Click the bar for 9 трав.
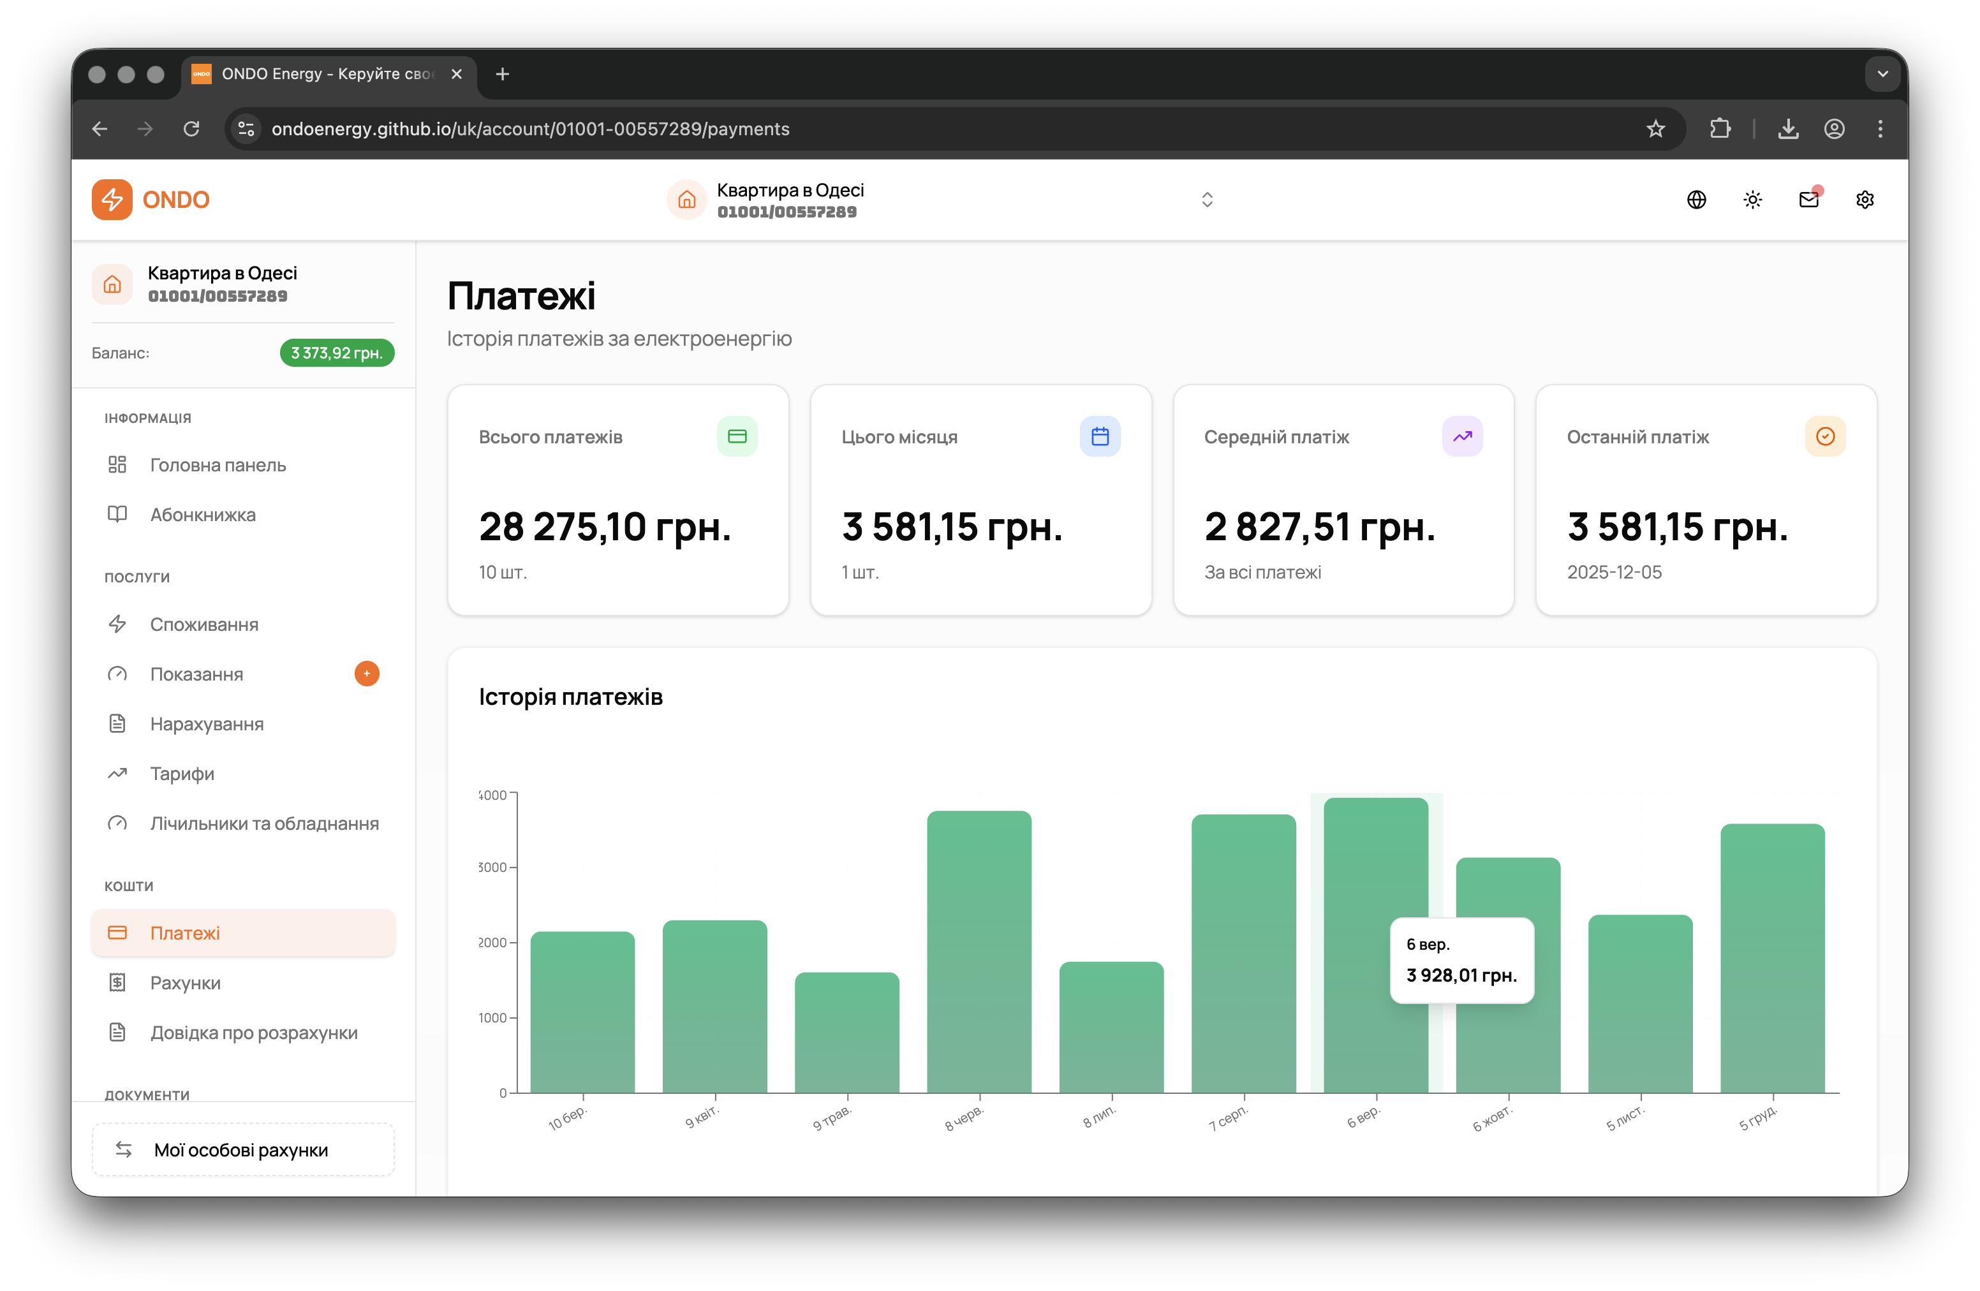click(x=847, y=1031)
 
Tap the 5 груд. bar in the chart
click(x=1772, y=957)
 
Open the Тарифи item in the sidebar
click(x=182, y=774)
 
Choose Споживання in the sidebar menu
click(x=204, y=624)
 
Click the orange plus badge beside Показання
click(x=367, y=674)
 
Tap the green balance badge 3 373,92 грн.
click(x=337, y=353)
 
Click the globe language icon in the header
click(x=1696, y=200)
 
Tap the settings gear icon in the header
click(x=1865, y=200)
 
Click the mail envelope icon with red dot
click(x=1808, y=200)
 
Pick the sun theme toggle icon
click(x=1753, y=200)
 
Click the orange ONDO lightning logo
click(x=112, y=200)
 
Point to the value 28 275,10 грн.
click(x=605, y=527)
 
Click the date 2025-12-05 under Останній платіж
click(x=1614, y=572)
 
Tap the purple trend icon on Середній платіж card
click(x=1461, y=437)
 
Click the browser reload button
click(x=191, y=129)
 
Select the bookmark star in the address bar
click(x=1655, y=129)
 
